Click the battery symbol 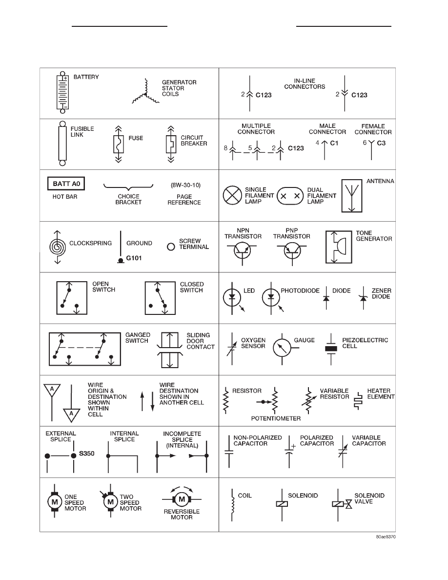click(62, 92)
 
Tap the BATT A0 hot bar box click(66, 184)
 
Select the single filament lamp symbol click(232, 195)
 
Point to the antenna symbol click(351, 196)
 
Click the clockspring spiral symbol click(57, 247)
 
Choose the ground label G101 click(134, 258)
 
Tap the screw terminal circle click(171, 247)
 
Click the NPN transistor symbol click(243, 251)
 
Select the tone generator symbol click(339, 247)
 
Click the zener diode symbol click(364, 298)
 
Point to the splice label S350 click(86, 454)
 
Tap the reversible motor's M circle click(182, 500)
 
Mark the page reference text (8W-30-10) click(185, 186)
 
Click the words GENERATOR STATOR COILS click(179, 88)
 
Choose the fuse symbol click(118, 144)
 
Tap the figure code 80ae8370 click(386, 537)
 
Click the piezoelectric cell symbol click(331, 349)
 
